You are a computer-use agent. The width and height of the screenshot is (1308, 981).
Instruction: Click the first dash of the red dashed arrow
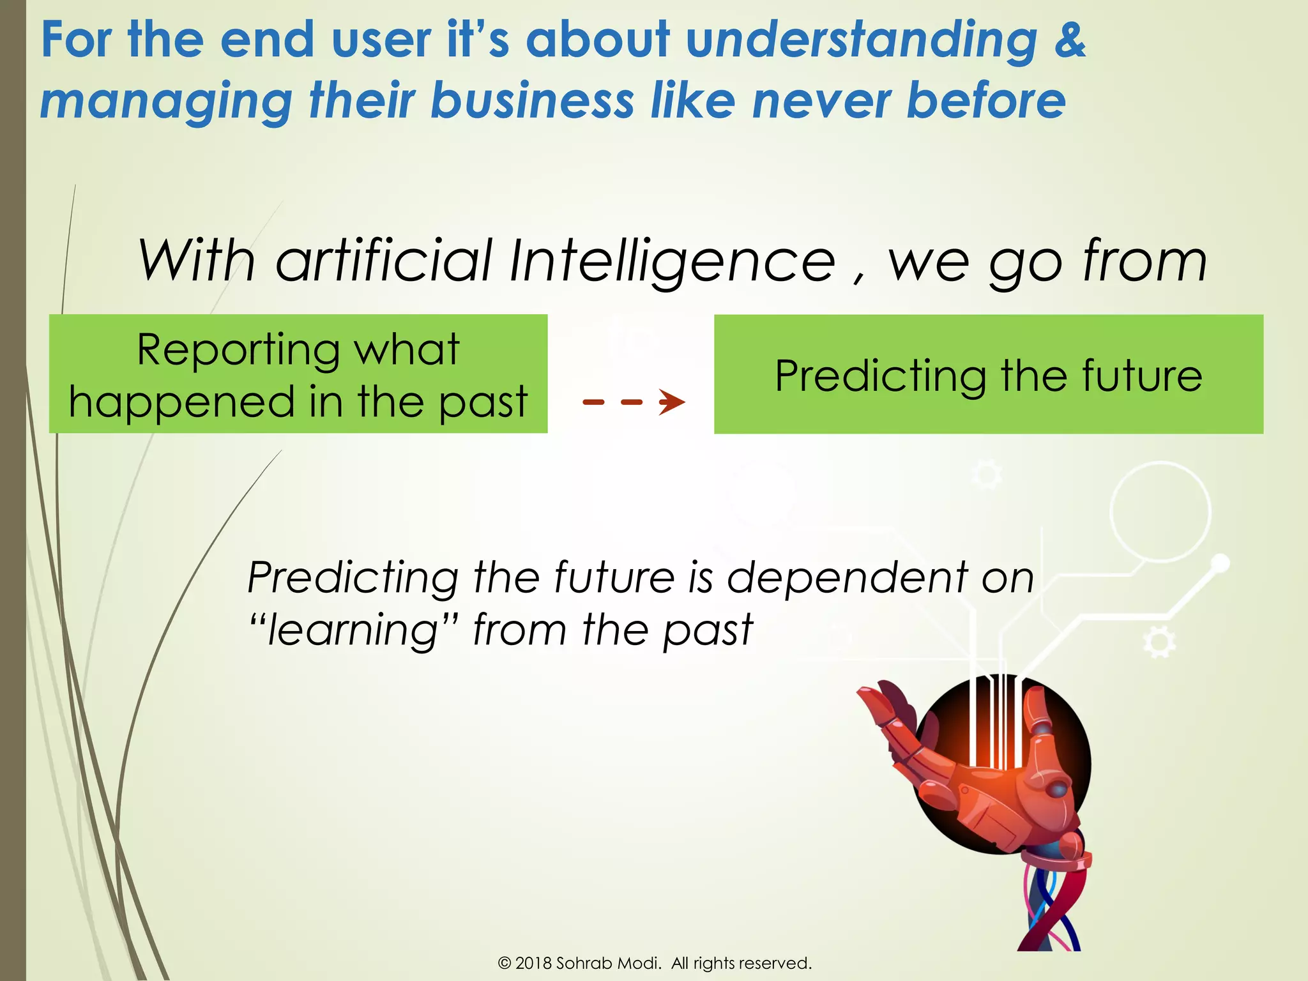click(593, 402)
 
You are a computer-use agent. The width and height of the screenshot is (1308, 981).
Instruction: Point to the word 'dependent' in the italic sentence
click(848, 578)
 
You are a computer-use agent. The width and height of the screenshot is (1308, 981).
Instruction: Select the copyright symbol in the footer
click(505, 963)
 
